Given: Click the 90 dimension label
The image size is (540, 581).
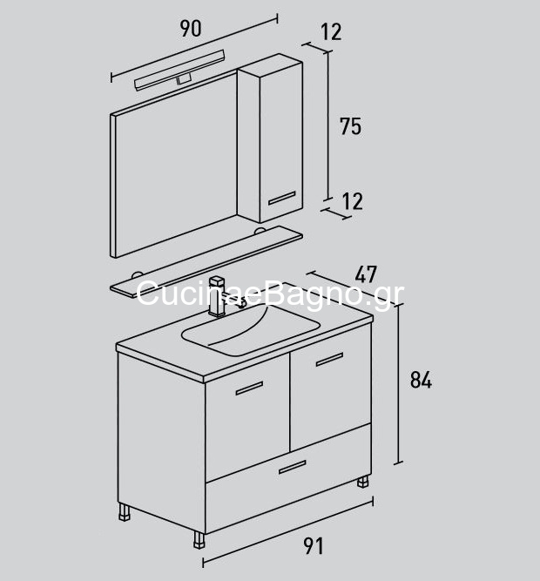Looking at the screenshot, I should click(x=191, y=29).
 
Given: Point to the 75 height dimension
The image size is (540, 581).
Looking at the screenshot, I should click(x=350, y=126).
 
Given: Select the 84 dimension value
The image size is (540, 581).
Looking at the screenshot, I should click(x=421, y=380).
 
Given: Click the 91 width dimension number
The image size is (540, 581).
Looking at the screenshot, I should click(x=314, y=546).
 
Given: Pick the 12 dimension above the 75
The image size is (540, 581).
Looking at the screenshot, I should click(x=331, y=32).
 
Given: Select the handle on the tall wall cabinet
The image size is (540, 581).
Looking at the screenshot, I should click(x=282, y=199).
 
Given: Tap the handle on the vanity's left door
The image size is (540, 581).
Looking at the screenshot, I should click(x=249, y=388).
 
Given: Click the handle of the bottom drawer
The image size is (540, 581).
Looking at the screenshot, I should click(x=293, y=468).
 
